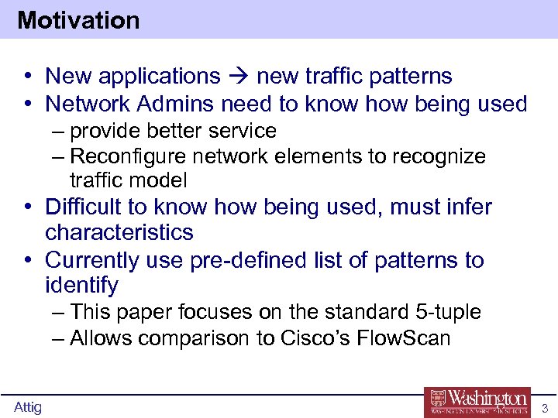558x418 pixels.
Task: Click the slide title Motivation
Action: click(78, 20)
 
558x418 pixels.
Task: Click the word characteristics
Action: click(119, 232)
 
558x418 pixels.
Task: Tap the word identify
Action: click(81, 286)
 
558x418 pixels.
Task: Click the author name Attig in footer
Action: click(27, 407)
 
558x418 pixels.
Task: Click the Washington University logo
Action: click(477, 401)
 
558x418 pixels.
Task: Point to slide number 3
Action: click(545, 408)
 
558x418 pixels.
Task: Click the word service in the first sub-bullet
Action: click(243, 131)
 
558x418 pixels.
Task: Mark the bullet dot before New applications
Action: click(27, 77)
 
